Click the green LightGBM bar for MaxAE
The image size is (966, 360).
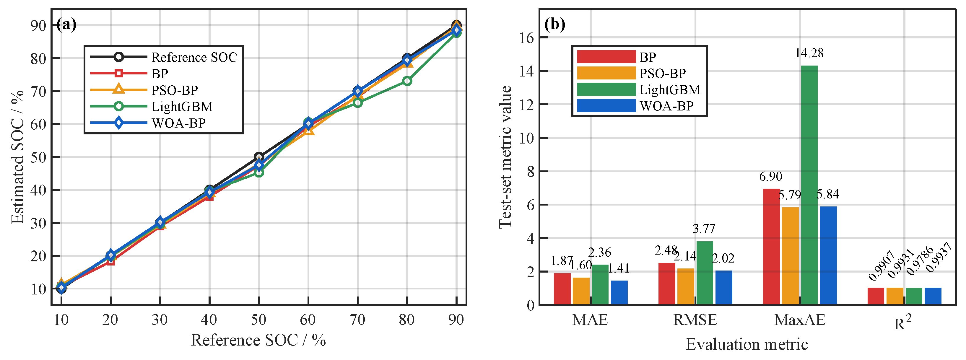(x=809, y=185)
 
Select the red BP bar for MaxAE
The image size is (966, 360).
(x=771, y=247)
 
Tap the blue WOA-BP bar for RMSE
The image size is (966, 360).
(x=724, y=288)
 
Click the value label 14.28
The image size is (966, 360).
(x=809, y=53)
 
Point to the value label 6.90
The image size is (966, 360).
(x=771, y=176)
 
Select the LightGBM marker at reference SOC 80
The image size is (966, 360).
(x=407, y=81)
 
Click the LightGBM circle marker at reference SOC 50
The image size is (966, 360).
(x=259, y=172)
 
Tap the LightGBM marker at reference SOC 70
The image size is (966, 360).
(x=358, y=102)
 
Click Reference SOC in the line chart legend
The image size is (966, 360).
(x=194, y=57)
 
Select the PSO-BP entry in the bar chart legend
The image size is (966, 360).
(x=663, y=74)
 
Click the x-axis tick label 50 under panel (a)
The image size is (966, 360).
(x=258, y=320)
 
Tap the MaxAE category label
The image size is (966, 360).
(x=800, y=320)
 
